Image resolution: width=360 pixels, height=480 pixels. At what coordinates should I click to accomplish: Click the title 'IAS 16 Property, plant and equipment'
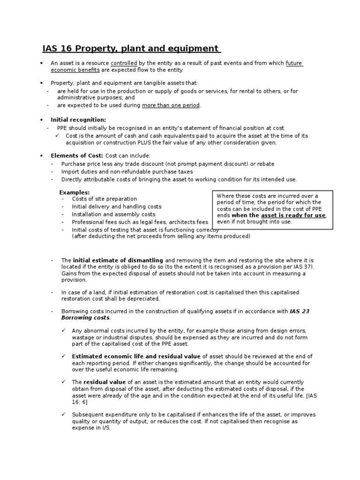[x=131, y=49]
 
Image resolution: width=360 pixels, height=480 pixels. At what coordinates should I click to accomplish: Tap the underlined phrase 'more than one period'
[x=171, y=105]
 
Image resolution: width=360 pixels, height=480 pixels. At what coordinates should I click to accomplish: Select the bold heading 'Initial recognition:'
[x=78, y=120]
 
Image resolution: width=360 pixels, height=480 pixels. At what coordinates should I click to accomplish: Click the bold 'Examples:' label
[x=74, y=192]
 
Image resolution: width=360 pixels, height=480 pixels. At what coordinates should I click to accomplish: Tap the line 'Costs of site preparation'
[x=104, y=199]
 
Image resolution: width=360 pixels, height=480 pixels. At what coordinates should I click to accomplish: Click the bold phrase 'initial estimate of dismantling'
[x=118, y=260]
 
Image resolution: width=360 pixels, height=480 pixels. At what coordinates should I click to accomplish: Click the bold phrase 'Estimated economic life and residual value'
[x=136, y=357]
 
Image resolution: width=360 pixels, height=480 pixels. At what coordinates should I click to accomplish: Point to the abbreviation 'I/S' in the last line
[x=105, y=428]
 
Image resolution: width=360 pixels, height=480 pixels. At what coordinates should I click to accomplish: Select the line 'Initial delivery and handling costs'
[x=116, y=207]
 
